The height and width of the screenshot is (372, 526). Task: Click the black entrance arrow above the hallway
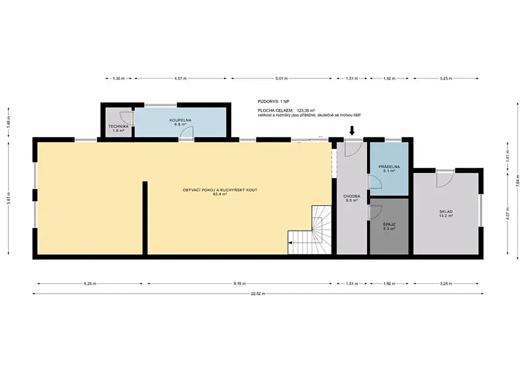(352, 130)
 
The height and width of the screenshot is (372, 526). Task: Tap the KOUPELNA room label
(180, 120)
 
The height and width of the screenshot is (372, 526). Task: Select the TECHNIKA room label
(118, 127)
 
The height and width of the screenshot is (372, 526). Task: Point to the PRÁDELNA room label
(389, 167)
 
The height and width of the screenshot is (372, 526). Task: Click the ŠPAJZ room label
(389, 225)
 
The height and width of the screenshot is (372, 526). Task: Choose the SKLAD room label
(446, 211)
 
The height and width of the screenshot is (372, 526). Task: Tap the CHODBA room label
(352, 196)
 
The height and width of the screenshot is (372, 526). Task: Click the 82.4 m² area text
(220, 194)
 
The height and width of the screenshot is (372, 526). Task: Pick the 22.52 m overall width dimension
(258, 294)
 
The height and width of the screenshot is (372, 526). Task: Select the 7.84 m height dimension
(519, 181)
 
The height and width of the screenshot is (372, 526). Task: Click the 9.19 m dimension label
(239, 283)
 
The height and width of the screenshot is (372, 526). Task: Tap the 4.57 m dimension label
(180, 78)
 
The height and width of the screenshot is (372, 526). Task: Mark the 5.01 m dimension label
(282, 78)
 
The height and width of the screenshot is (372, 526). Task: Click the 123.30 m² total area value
(306, 110)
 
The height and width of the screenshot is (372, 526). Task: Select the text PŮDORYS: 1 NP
(273, 101)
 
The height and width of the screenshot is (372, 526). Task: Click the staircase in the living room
(310, 230)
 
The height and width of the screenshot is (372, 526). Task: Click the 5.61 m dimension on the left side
(9, 198)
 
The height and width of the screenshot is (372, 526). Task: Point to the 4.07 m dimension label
(508, 213)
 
